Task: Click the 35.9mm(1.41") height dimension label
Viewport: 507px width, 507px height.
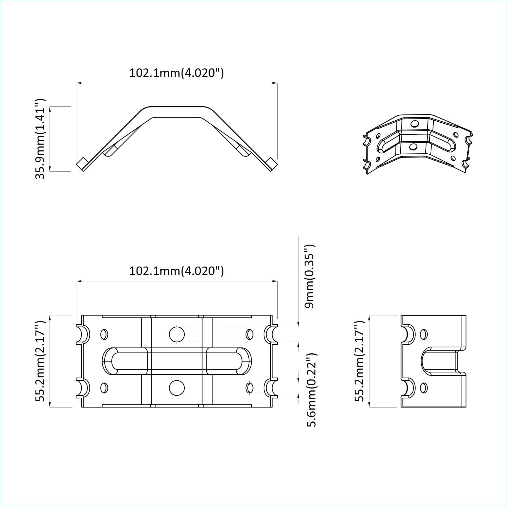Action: tap(40, 139)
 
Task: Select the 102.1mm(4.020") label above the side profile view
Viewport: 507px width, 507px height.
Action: tap(176, 73)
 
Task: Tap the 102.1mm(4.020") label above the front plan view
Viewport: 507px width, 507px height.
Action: tap(176, 271)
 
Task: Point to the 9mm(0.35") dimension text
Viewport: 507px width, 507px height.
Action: tap(309, 276)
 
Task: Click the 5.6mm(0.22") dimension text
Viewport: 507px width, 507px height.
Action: tap(312, 390)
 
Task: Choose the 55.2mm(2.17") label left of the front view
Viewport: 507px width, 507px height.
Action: tap(40, 361)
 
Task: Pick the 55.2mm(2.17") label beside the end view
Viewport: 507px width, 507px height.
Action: tap(359, 361)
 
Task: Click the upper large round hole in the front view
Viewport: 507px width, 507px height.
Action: tap(177, 334)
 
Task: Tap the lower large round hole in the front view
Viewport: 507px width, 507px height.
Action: tap(177, 388)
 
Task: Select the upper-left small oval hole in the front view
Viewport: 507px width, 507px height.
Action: tap(104, 334)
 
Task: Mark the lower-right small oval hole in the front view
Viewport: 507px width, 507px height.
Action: tap(250, 388)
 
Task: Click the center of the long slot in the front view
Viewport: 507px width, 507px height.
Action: tap(177, 361)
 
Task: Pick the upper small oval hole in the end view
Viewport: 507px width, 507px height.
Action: tap(423, 334)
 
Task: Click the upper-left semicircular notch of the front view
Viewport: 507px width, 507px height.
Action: tap(84, 334)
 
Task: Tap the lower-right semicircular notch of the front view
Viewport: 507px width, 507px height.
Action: tap(270, 388)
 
